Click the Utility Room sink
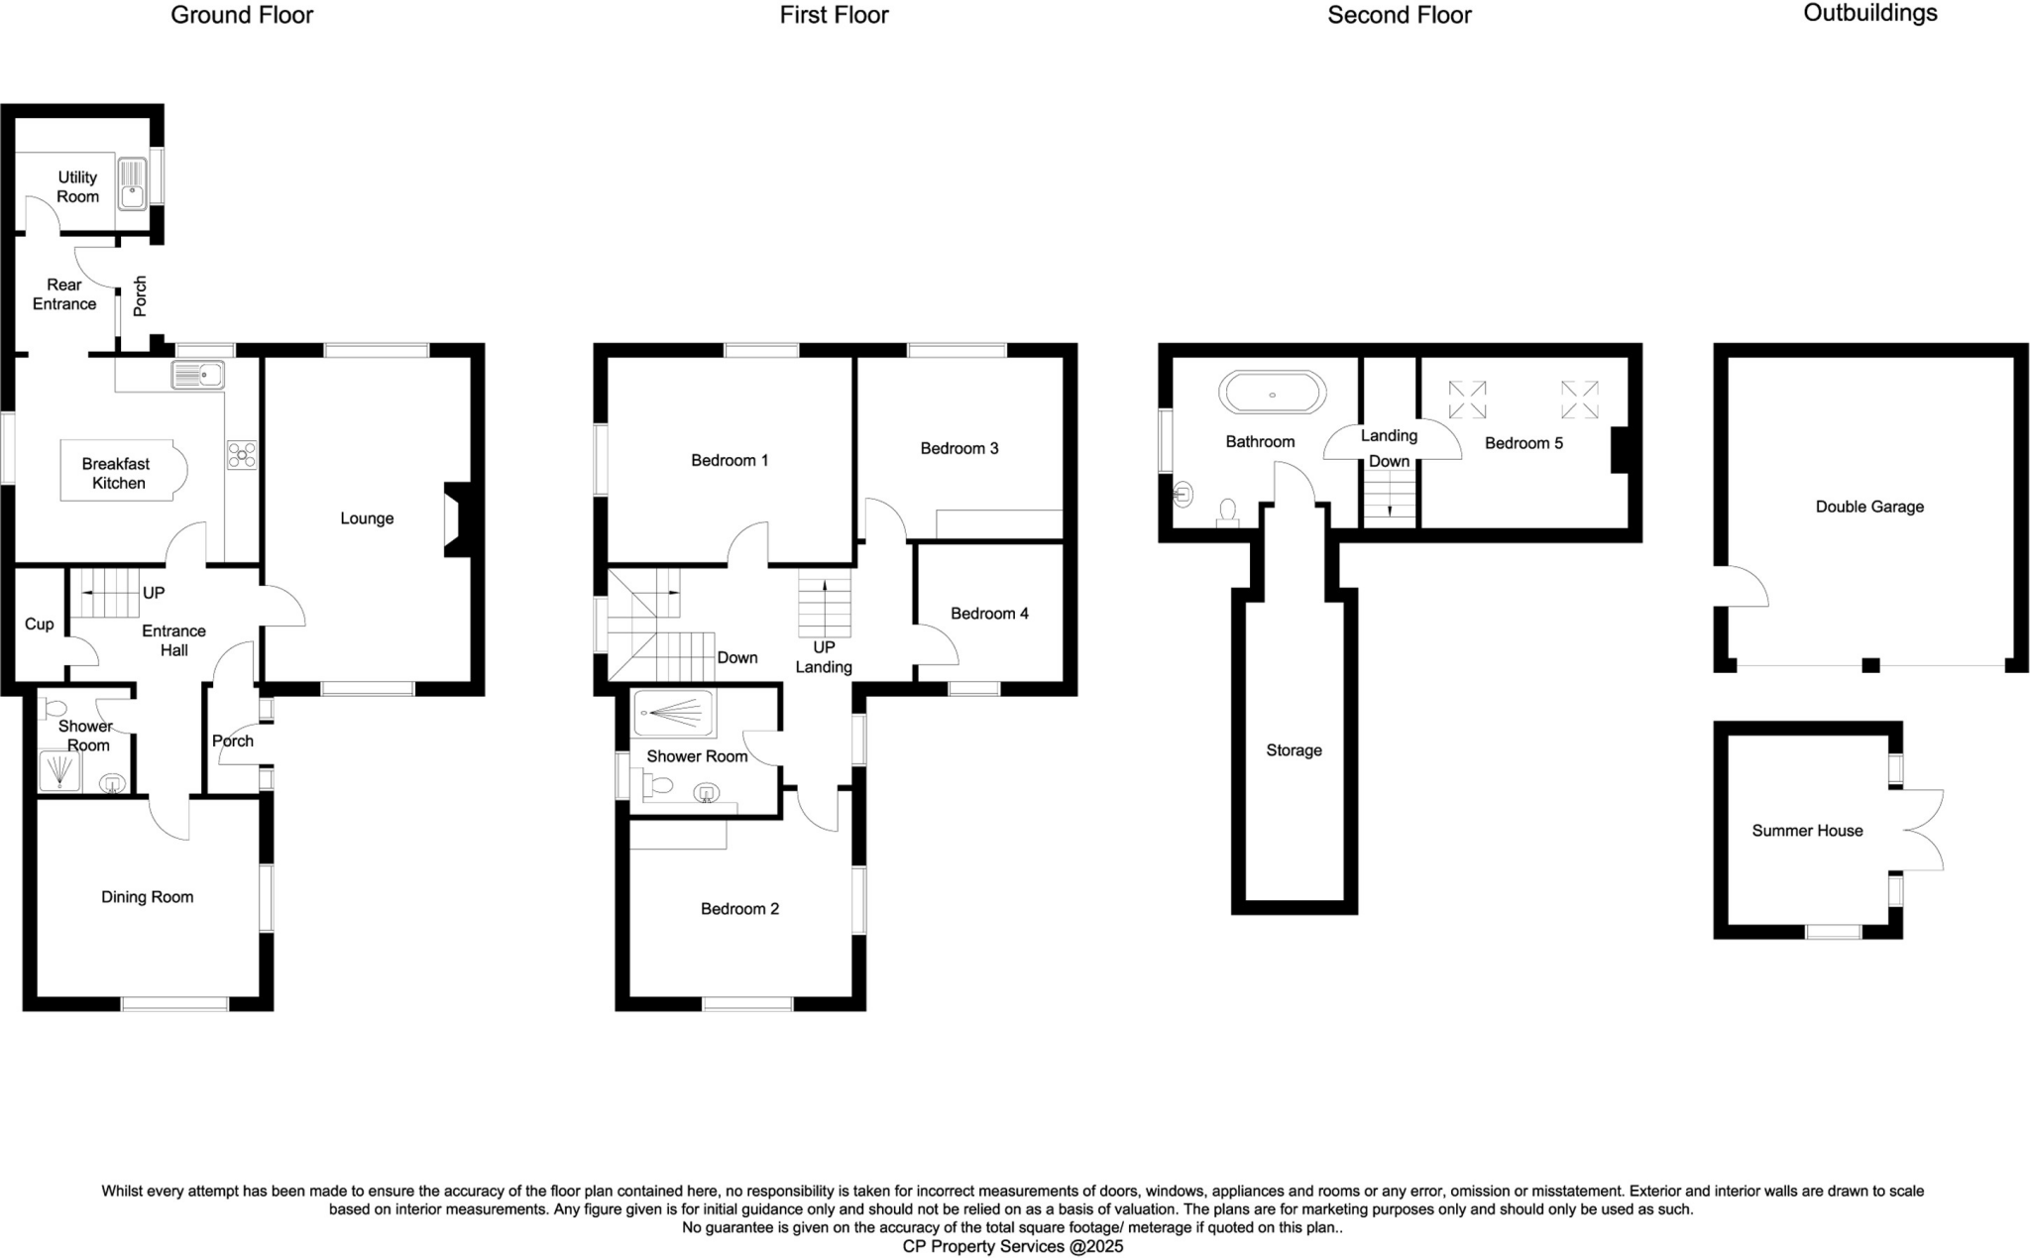tap(132, 184)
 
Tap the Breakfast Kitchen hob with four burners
tap(241, 455)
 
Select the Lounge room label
tap(367, 518)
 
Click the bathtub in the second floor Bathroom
tap(1272, 394)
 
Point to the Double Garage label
tap(1869, 507)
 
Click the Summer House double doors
tap(1923, 831)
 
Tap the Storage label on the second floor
tap(1294, 750)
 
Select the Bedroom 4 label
tap(989, 614)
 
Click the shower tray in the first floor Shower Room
tap(674, 713)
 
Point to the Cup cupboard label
tap(40, 624)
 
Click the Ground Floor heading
tap(242, 15)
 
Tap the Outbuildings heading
tap(1869, 13)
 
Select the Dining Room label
tap(147, 897)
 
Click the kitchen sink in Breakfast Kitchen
tap(198, 375)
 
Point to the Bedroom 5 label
tap(1523, 443)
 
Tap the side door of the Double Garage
tap(1745, 586)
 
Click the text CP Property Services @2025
tap(1012, 1247)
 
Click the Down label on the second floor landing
tap(1389, 461)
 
